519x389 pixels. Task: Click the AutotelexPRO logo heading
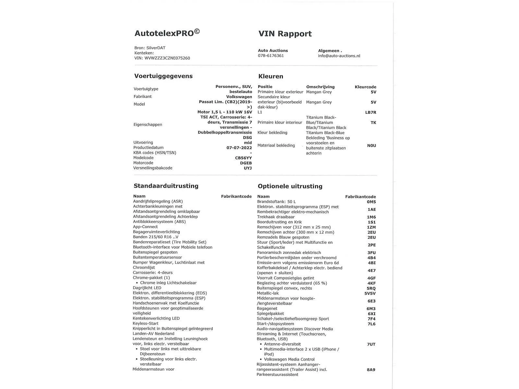point(167,33)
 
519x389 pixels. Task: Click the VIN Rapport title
point(285,34)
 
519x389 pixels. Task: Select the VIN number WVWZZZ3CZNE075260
point(167,58)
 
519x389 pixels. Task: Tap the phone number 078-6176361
point(271,56)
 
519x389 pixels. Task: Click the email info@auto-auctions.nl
point(339,56)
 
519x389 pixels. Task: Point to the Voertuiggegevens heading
point(163,76)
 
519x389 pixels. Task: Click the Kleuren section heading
point(271,77)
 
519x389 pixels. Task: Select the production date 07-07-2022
point(239,147)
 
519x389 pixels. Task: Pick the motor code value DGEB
point(246,163)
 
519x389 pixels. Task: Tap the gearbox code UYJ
point(248,168)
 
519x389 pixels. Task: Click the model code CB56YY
point(243,158)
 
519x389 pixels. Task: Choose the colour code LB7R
point(370,112)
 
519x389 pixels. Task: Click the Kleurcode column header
point(365,87)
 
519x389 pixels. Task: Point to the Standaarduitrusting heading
point(166,186)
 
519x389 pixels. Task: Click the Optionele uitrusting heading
point(290,186)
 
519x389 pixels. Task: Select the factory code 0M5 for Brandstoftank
point(371,202)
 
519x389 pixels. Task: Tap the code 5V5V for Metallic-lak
point(370,293)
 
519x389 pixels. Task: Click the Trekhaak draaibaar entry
point(276,217)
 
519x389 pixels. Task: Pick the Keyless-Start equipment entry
point(146,324)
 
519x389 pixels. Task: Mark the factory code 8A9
point(371,370)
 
